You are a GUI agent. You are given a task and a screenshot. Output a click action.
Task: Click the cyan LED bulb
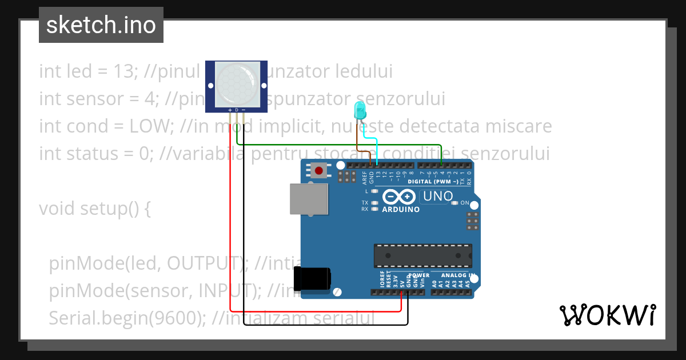[x=360, y=110]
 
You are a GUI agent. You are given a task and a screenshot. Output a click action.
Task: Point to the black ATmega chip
[x=423, y=255]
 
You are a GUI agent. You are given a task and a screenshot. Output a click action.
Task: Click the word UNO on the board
[x=436, y=197]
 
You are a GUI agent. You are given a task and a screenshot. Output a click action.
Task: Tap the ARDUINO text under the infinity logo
[x=401, y=209]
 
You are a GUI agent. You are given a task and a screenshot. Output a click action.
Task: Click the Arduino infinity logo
[x=399, y=197]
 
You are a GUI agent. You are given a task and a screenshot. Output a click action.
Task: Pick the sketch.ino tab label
[x=101, y=25]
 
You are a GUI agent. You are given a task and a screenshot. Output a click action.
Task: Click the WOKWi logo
[x=607, y=315]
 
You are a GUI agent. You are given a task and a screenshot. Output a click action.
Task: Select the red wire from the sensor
[x=230, y=229]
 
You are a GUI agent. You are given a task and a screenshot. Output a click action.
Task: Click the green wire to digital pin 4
[x=343, y=145]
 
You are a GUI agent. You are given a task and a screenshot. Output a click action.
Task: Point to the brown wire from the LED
[x=358, y=137]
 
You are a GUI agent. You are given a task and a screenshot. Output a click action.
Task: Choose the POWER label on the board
[x=418, y=275]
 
